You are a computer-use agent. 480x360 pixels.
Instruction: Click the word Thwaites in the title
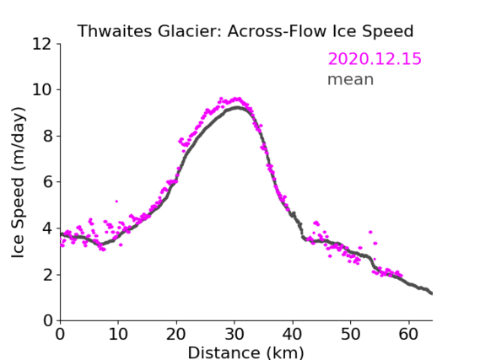click(114, 31)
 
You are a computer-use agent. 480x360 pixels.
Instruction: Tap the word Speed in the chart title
click(387, 32)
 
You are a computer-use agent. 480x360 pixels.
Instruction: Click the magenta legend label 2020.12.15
click(375, 58)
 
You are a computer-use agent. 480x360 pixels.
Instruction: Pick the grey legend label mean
click(351, 79)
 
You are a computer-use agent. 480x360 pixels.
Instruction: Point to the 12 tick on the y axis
click(42, 44)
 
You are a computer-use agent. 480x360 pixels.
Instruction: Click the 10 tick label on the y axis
click(42, 90)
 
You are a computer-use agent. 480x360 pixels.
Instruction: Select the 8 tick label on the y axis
click(47, 136)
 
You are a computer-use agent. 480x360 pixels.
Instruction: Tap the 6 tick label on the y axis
click(47, 182)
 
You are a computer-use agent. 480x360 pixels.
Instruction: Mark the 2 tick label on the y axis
click(47, 275)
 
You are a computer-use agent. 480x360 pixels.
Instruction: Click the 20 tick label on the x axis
click(176, 334)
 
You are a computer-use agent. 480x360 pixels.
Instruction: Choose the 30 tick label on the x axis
click(235, 334)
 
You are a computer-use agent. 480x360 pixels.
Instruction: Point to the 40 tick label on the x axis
click(293, 334)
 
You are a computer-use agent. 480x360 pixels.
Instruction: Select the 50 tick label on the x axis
click(351, 334)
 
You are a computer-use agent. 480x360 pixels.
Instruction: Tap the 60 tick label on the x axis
click(408, 334)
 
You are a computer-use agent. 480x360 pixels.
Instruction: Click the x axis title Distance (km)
click(245, 353)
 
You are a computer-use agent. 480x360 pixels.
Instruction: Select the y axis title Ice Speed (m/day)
click(18, 182)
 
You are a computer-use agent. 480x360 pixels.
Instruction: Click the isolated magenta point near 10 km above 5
click(116, 201)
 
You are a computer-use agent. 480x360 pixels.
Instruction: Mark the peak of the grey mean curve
click(237, 108)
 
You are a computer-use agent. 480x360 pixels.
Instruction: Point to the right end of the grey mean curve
click(432, 293)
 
